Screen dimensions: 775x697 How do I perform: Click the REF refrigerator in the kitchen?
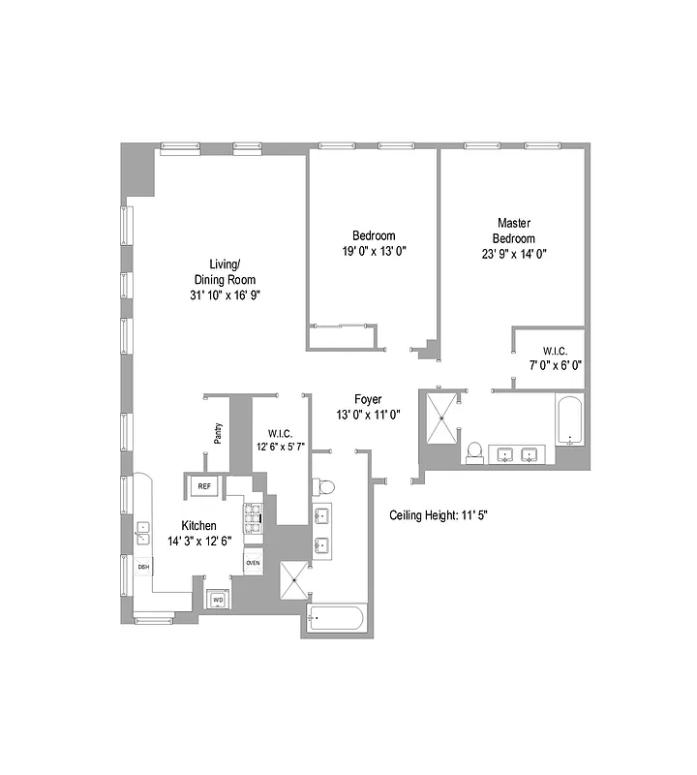pos(204,486)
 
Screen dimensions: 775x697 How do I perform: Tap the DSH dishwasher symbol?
pos(142,568)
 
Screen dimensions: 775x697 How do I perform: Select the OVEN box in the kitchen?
pos(253,563)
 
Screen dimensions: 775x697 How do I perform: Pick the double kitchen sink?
pos(142,532)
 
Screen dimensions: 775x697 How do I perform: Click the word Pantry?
pos(219,433)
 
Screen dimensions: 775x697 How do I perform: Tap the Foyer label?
pos(368,399)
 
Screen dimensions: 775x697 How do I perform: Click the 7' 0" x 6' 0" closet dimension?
pos(555,365)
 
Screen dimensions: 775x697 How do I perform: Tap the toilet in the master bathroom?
pos(474,451)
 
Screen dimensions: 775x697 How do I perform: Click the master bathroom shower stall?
pos(441,418)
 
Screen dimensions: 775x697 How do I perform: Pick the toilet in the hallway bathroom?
pos(327,486)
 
